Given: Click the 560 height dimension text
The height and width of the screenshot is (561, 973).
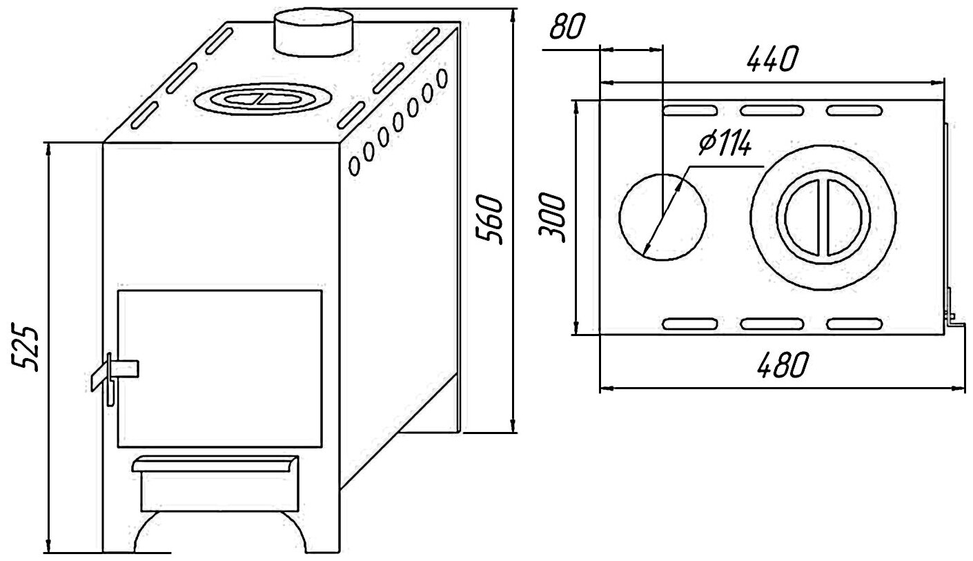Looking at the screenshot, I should (x=491, y=220).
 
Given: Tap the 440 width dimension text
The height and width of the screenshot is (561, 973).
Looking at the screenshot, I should (x=770, y=60).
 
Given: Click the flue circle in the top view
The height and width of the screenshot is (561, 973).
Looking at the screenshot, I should (x=662, y=217).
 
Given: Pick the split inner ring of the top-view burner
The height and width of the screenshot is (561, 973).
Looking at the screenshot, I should (x=821, y=217).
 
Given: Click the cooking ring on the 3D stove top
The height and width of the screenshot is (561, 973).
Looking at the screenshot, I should (x=260, y=99).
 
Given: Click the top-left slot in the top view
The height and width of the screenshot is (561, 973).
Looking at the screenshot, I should (x=689, y=110).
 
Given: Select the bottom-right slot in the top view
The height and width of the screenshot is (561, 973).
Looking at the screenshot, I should (x=854, y=322).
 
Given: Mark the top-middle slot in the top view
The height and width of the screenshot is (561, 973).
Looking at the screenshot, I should (x=771, y=110).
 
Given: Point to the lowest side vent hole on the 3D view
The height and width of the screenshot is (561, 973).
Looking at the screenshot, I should (x=355, y=165).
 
